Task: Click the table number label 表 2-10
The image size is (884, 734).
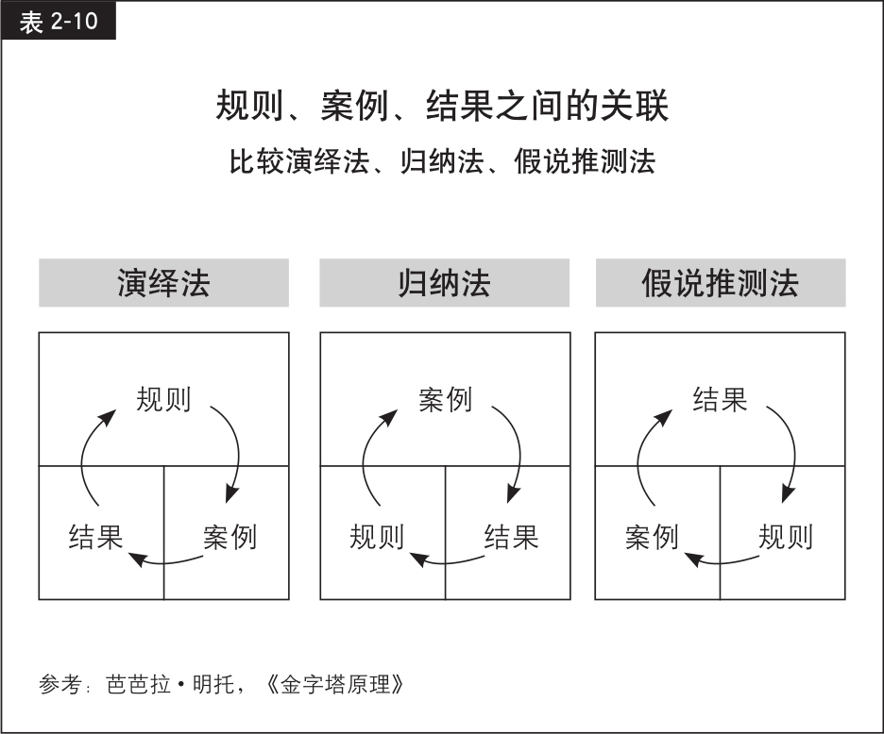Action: (x=58, y=22)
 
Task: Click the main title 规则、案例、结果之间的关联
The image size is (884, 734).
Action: (x=442, y=106)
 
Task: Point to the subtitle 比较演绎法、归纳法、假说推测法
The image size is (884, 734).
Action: (x=442, y=161)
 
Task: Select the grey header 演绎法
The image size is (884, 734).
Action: (x=163, y=283)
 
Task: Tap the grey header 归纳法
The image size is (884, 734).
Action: (x=444, y=283)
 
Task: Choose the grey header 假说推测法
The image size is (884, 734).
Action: (x=721, y=283)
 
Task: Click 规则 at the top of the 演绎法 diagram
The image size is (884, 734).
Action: (x=163, y=399)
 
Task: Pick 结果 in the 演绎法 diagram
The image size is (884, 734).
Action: (x=95, y=536)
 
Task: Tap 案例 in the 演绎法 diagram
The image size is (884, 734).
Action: (x=230, y=536)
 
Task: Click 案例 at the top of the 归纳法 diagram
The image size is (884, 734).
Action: (x=445, y=399)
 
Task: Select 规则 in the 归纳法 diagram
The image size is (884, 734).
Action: (x=377, y=536)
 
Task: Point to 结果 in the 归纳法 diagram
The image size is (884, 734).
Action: (x=511, y=536)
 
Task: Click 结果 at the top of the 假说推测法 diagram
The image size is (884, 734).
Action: (x=720, y=399)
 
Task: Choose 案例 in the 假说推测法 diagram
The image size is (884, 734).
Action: (x=652, y=536)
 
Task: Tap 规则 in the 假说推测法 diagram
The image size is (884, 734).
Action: (x=786, y=536)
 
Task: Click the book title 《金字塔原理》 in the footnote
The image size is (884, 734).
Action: (x=333, y=684)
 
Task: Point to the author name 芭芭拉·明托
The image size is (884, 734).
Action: (x=170, y=684)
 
